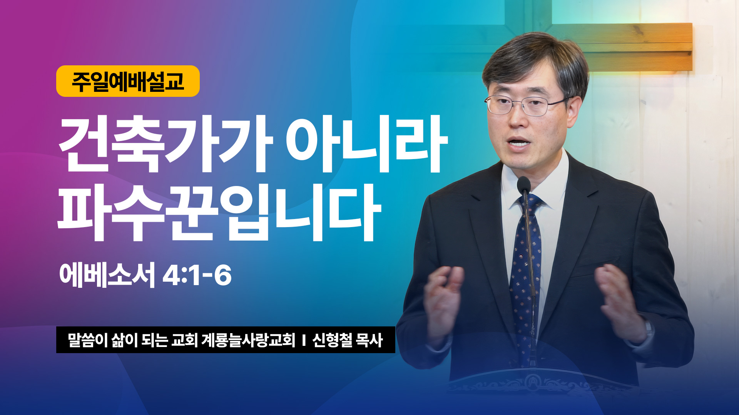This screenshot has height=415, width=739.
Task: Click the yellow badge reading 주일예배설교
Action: click(x=128, y=81)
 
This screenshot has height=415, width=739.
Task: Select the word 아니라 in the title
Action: click(x=366, y=144)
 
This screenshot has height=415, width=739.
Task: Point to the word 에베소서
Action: click(x=107, y=275)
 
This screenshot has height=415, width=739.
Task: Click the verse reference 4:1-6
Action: click(x=197, y=276)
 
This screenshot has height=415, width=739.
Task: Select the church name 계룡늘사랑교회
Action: click(x=248, y=340)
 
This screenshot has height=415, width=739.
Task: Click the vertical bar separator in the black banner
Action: click(x=304, y=340)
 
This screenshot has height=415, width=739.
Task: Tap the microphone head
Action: click(x=524, y=184)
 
